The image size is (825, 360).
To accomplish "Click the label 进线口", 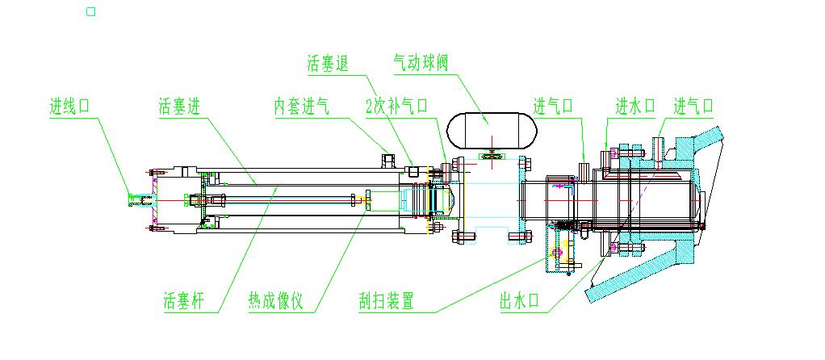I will click(73, 107).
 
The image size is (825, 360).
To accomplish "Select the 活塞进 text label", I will click(179, 107).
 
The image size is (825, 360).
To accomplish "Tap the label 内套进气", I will click(301, 107).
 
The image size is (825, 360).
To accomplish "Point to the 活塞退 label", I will click(327, 64).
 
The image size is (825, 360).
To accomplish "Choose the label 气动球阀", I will click(420, 63).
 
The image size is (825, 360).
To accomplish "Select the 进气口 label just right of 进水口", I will click(694, 106).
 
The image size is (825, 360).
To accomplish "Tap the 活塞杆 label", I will click(183, 303).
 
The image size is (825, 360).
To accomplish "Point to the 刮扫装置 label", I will click(387, 303).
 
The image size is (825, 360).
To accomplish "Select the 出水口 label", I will click(520, 303).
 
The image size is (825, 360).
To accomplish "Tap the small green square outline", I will click(91, 11).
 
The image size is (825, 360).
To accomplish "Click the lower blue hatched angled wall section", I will click(646, 274).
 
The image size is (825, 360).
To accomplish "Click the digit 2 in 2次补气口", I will click(369, 107).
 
